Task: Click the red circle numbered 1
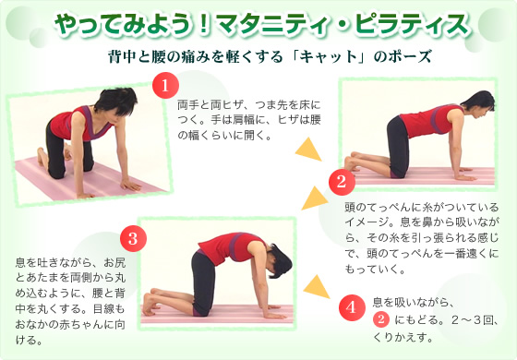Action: click(x=164, y=87)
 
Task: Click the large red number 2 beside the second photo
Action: click(x=341, y=181)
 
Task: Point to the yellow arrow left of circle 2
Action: click(x=313, y=197)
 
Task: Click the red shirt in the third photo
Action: click(x=220, y=248)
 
